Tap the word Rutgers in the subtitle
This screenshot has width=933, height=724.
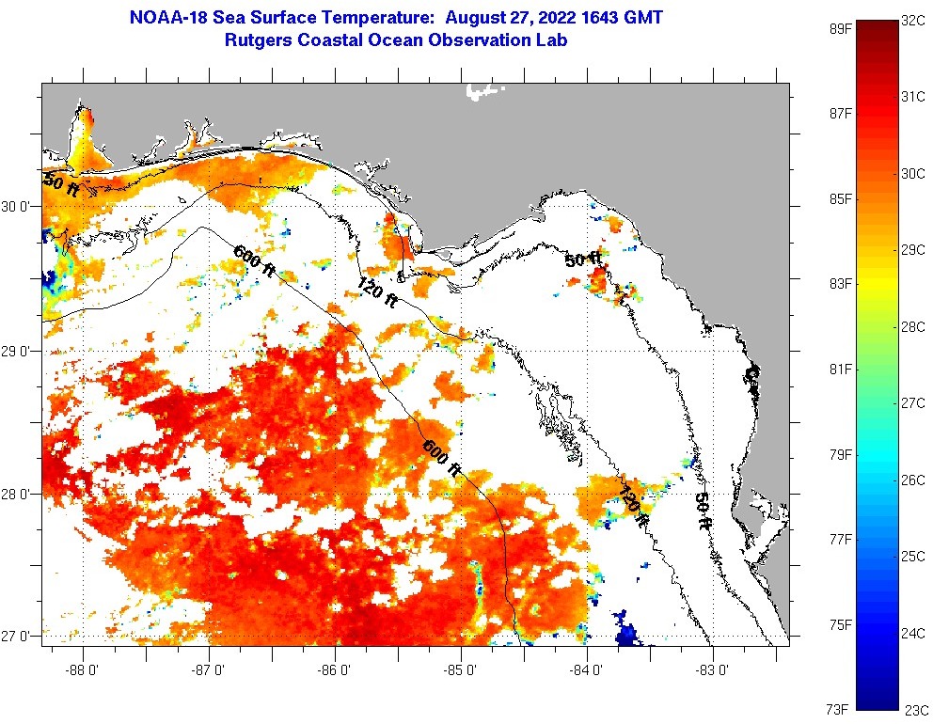tap(257, 40)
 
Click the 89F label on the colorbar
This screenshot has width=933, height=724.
tap(839, 28)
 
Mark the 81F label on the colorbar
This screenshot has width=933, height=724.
tap(839, 369)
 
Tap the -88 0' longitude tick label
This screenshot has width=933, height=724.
tap(83, 671)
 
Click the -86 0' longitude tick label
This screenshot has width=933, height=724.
tap(335, 671)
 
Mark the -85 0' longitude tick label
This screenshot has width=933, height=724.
tap(461, 671)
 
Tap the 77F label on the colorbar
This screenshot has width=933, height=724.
tap(839, 540)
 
